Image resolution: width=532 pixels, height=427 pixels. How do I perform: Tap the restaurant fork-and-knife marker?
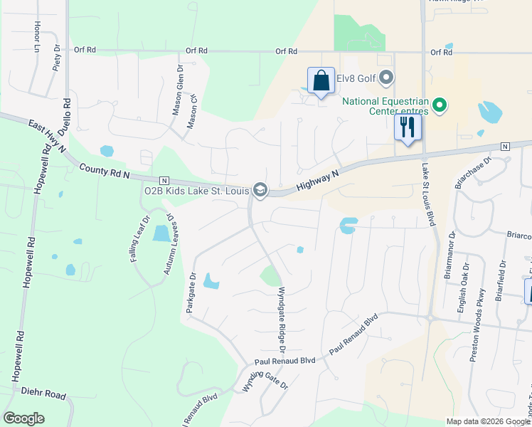[408, 128]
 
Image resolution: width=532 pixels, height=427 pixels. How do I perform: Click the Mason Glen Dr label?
[178, 91]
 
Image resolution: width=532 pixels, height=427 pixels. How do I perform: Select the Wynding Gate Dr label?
[265, 376]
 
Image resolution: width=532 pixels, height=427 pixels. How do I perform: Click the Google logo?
[23, 418]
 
